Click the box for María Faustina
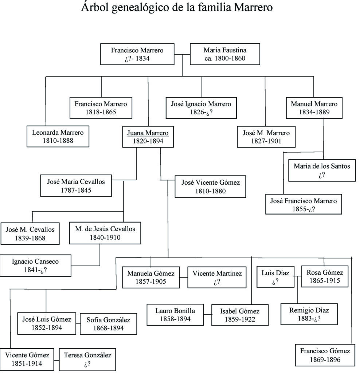224,54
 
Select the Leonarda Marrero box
58,136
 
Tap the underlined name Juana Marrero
148,133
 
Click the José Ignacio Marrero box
201,108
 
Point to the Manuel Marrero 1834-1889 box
314,108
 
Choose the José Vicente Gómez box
210,186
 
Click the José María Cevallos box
76,185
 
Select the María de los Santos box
322,170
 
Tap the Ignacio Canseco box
35,266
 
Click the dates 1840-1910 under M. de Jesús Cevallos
105,237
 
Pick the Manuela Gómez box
151,277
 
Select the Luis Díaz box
275,277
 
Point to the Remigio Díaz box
309,314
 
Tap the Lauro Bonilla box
175,315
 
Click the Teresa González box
87,359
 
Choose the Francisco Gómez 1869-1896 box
325,355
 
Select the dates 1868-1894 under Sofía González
108,328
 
